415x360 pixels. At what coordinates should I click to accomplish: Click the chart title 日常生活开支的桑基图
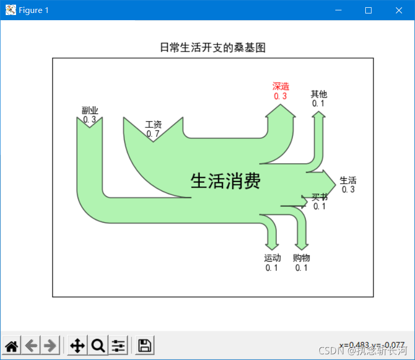click(x=212, y=48)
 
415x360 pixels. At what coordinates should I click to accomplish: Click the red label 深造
click(x=280, y=87)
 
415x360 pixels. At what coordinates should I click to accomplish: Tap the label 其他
click(x=319, y=94)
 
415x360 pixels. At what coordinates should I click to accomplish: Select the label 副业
click(x=90, y=110)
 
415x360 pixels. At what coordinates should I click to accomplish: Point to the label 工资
click(x=153, y=125)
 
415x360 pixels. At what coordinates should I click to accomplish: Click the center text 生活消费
click(x=225, y=181)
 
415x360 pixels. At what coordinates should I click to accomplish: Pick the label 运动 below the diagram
click(x=272, y=258)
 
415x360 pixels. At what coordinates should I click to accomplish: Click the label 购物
click(x=302, y=258)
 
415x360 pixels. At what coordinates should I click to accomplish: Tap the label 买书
click(x=320, y=197)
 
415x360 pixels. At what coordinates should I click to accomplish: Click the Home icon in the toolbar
click(x=12, y=345)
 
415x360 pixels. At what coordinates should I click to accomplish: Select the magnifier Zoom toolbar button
click(x=98, y=345)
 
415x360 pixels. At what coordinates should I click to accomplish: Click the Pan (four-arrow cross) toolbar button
click(x=78, y=345)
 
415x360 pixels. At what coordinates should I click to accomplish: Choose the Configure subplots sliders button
click(x=118, y=345)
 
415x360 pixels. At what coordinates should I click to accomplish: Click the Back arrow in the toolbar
click(x=31, y=345)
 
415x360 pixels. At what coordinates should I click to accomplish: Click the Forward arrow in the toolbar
click(x=50, y=345)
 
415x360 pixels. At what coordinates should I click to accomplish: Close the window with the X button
click(x=399, y=10)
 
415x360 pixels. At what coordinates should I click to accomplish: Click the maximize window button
click(x=368, y=10)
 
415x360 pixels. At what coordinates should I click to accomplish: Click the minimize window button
click(x=338, y=10)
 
